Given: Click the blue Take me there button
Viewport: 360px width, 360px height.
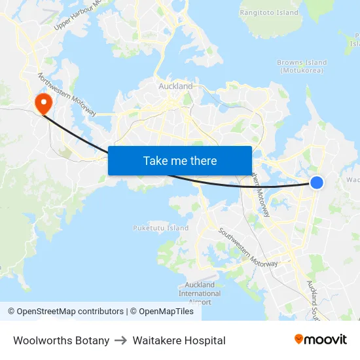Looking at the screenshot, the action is point(180,160).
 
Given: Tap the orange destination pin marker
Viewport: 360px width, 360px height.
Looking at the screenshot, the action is point(44,103).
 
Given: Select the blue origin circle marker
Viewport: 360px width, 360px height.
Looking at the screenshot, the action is point(316,183).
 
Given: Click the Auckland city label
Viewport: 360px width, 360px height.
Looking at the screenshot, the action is point(175,86).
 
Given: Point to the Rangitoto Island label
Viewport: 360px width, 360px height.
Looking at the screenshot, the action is point(269,12).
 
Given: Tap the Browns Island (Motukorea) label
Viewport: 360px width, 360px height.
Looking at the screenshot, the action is point(303,66).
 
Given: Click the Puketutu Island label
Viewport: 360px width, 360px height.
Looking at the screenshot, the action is point(160,228).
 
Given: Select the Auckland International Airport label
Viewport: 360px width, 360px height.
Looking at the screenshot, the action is point(200,293).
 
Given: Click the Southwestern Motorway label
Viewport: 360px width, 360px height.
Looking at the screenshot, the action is point(248,247).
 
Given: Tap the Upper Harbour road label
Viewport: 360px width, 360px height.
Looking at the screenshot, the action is point(79,14).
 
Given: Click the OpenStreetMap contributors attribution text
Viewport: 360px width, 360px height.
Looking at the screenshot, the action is point(66,312).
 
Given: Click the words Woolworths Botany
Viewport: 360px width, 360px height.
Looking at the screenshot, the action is point(61,340).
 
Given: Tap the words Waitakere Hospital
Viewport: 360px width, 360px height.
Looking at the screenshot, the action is point(179,340).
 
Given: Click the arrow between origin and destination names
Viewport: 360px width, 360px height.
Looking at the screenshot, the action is point(121,340).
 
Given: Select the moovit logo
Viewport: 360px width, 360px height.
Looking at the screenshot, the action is point(320,339).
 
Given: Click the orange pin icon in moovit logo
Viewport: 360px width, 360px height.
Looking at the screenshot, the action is point(299,340).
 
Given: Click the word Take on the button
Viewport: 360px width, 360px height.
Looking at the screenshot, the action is point(156,160).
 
